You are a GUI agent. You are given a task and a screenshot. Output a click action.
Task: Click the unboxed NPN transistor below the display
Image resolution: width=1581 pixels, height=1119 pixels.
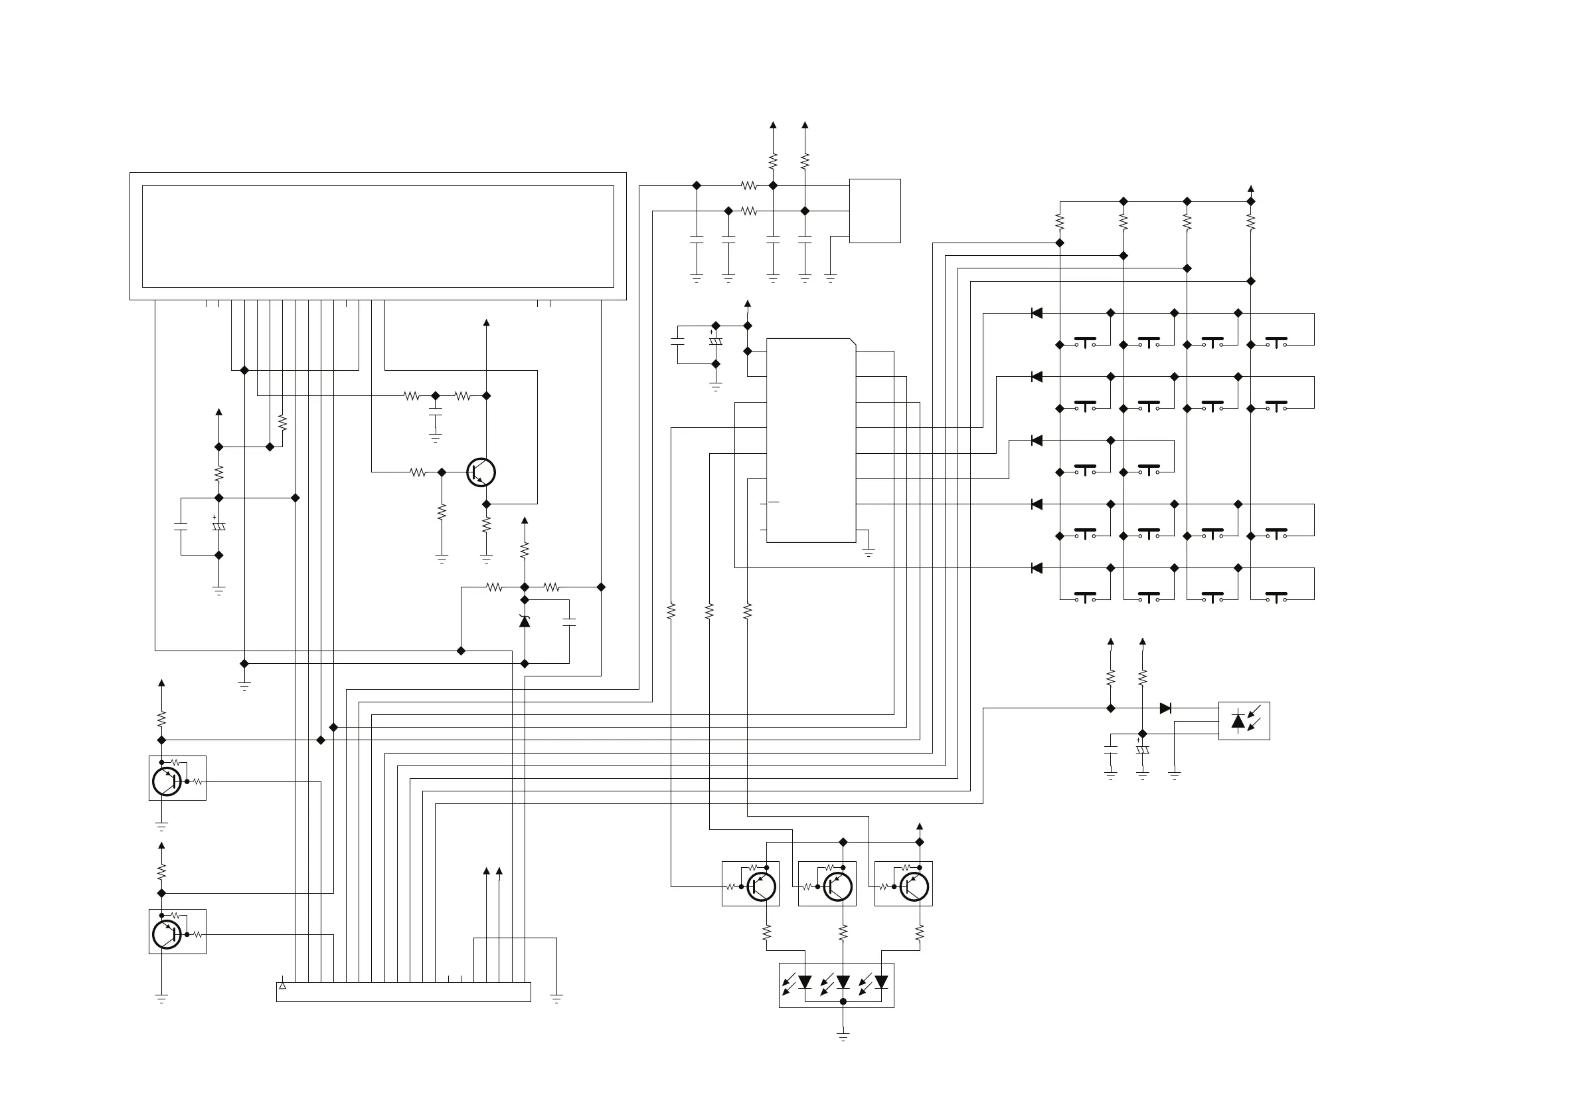coord(481,472)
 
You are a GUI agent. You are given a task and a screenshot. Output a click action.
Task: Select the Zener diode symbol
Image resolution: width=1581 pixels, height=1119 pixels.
coord(525,621)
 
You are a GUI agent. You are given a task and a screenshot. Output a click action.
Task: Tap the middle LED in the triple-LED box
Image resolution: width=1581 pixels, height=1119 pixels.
coord(843,983)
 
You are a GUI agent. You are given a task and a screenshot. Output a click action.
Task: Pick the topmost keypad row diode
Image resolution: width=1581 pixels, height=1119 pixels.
coord(1037,314)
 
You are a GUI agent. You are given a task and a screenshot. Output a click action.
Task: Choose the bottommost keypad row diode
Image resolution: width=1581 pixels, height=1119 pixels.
coord(1037,567)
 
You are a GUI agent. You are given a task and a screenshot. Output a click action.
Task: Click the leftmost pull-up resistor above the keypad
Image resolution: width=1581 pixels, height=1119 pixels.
coord(1060,222)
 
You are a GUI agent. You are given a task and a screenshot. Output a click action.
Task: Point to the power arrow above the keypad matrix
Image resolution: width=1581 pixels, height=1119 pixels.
coord(1251,189)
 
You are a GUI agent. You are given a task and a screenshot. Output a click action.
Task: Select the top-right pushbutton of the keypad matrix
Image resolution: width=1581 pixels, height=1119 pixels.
coord(1276,342)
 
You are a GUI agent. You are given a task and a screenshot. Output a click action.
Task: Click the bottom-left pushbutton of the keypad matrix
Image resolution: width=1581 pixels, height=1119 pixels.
coord(1085,597)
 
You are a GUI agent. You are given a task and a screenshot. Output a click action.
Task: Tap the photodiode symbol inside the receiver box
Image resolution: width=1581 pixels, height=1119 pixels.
coord(1238,721)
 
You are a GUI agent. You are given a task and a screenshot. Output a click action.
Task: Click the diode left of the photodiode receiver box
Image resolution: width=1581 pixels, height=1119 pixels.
coord(1165,708)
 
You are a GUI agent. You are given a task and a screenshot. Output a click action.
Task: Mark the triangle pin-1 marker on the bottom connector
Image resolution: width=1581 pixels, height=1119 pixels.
coord(282,986)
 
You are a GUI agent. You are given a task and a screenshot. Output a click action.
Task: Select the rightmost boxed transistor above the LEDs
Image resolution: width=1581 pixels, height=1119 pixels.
coord(914,887)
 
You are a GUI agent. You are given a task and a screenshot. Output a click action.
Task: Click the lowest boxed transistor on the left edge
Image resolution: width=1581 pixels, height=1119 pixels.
coord(167,934)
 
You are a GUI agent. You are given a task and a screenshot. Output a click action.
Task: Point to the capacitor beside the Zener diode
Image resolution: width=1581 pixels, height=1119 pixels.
coord(570,621)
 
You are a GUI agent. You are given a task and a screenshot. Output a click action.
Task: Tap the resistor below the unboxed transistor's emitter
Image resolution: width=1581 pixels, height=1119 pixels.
coord(486,525)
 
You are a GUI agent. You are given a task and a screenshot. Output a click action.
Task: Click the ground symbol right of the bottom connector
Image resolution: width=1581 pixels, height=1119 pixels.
coord(556,997)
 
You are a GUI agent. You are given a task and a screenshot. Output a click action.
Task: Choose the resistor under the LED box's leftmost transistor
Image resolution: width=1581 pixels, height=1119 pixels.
coord(766,934)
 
